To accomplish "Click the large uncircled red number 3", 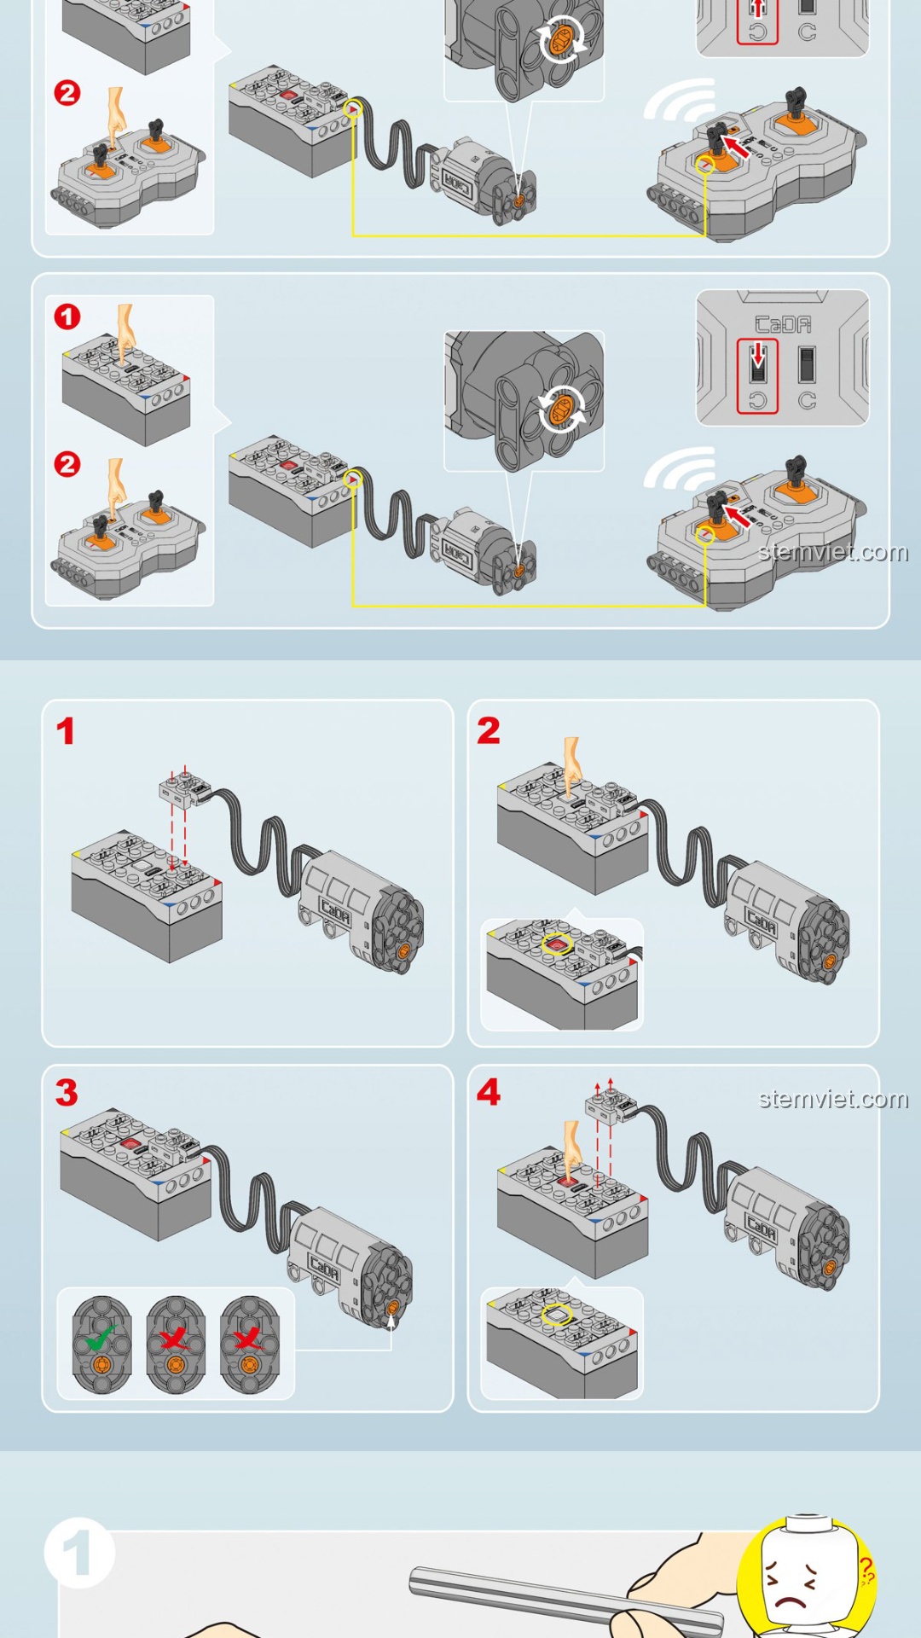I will (x=67, y=1093).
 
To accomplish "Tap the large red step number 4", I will (x=489, y=1092).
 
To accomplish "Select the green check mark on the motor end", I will (x=101, y=1336).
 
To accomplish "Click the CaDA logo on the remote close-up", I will (x=783, y=325).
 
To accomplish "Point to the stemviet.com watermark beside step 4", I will (x=833, y=1099).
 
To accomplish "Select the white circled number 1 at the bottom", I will (x=78, y=1553).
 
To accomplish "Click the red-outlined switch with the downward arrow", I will (x=757, y=375).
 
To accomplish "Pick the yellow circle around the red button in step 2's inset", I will (x=557, y=944).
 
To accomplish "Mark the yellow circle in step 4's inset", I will (x=557, y=1315).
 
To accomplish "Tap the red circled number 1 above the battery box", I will (x=67, y=317).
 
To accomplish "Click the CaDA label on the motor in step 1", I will (x=335, y=914).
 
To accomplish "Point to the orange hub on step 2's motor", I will (x=829, y=961).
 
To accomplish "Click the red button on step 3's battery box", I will (x=130, y=1143).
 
